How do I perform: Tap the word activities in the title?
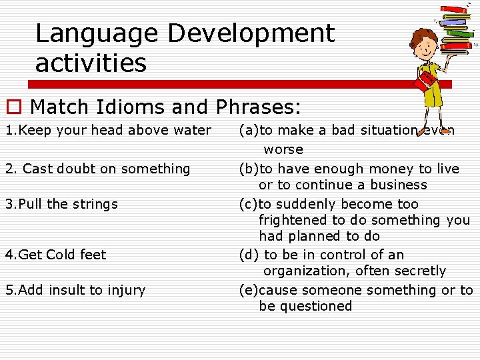coord(91,64)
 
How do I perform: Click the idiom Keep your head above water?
coord(108,130)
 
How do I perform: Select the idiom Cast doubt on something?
coord(98,169)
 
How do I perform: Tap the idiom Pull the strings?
coord(61,204)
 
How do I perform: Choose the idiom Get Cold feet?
coord(56,255)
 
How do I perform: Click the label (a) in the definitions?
coord(249,131)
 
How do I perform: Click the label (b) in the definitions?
coord(249,169)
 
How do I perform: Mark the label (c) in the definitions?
coord(249,204)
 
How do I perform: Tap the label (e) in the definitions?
coord(249,290)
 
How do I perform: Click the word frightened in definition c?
coord(291,220)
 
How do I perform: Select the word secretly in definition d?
coord(419,271)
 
